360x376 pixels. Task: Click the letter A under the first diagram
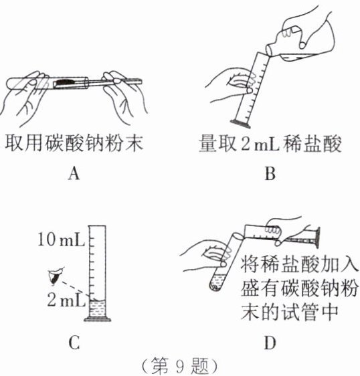(x=74, y=173)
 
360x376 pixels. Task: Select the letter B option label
(x=270, y=173)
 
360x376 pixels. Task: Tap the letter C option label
(x=74, y=343)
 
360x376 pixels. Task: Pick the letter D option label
(x=270, y=343)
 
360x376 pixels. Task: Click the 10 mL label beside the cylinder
(x=62, y=240)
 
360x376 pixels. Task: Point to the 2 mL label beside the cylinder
(x=66, y=300)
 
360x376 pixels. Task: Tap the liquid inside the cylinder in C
(x=97, y=309)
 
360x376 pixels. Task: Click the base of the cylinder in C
(x=98, y=319)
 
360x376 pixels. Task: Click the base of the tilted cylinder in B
(x=240, y=123)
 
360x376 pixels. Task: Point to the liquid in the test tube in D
(x=217, y=282)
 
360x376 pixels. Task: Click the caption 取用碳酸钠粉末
(x=74, y=144)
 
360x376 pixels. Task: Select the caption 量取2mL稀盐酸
(x=270, y=144)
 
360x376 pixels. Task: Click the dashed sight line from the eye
(x=75, y=289)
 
